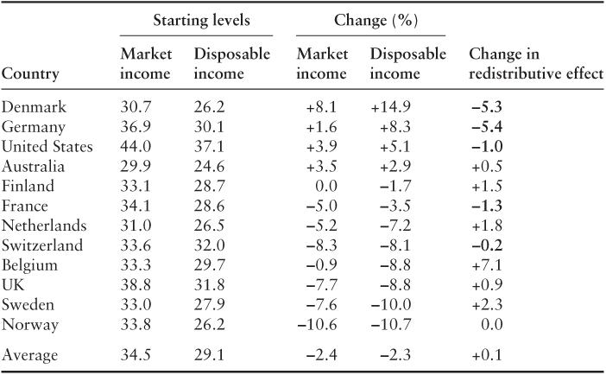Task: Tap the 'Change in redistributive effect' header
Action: (x=533, y=64)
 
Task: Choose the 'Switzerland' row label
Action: (x=43, y=245)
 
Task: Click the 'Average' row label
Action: (x=30, y=354)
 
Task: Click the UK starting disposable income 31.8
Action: (x=210, y=284)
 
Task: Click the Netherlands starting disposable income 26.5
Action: (x=210, y=225)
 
